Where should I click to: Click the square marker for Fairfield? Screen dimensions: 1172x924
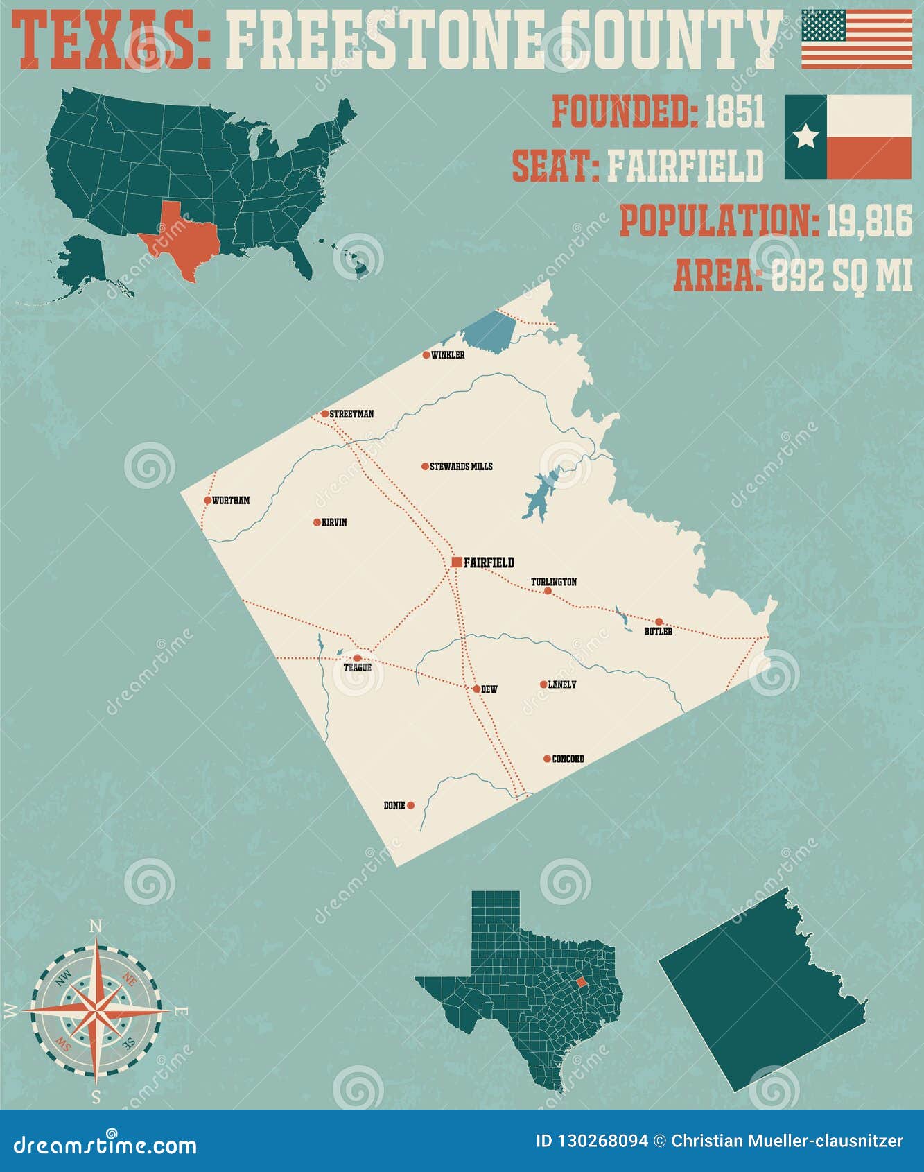pos(456,562)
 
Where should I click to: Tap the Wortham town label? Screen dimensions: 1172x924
pos(231,501)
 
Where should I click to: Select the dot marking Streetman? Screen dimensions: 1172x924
pos(324,414)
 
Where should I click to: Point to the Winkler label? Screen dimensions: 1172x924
pos(448,355)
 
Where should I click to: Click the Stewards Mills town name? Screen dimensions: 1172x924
pos(461,467)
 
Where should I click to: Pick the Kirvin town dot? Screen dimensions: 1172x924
pos(317,522)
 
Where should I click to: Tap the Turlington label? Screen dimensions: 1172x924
pos(553,582)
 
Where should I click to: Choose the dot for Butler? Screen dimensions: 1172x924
pos(659,621)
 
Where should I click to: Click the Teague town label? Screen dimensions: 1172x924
pos(358,668)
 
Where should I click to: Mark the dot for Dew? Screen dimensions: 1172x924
pos(476,689)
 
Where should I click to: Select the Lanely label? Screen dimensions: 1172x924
pos(561,684)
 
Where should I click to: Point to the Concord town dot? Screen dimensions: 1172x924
pos(547,759)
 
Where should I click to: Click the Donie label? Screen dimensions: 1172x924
pos(394,806)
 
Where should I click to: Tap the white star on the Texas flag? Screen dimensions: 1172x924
pos(805,137)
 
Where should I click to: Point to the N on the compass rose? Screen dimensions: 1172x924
pos(96,927)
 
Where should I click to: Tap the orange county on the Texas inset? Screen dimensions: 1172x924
pos(581,982)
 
